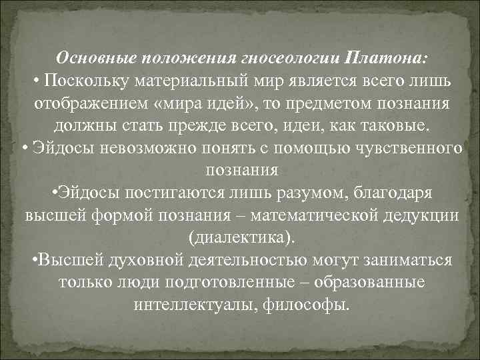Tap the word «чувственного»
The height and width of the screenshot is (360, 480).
tap(409, 149)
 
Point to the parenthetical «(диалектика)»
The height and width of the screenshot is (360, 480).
tap(241, 238)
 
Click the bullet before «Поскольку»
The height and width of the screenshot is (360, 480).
tap(36, 81)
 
